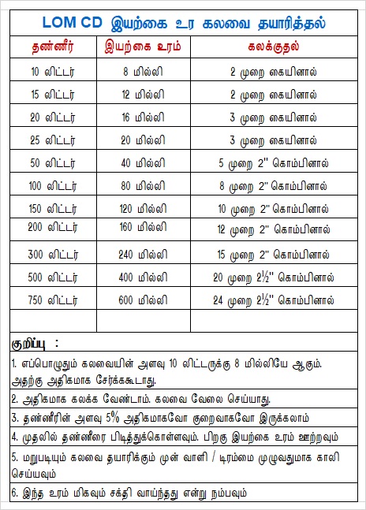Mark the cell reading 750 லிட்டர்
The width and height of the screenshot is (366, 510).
point(49,301)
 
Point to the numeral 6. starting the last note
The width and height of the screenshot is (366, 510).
point(15,494)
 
